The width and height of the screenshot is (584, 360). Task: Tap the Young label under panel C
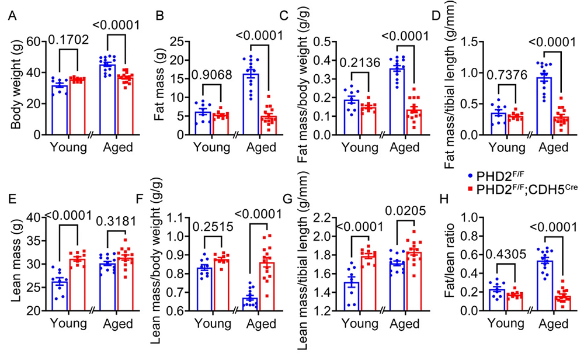point(356,148)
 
